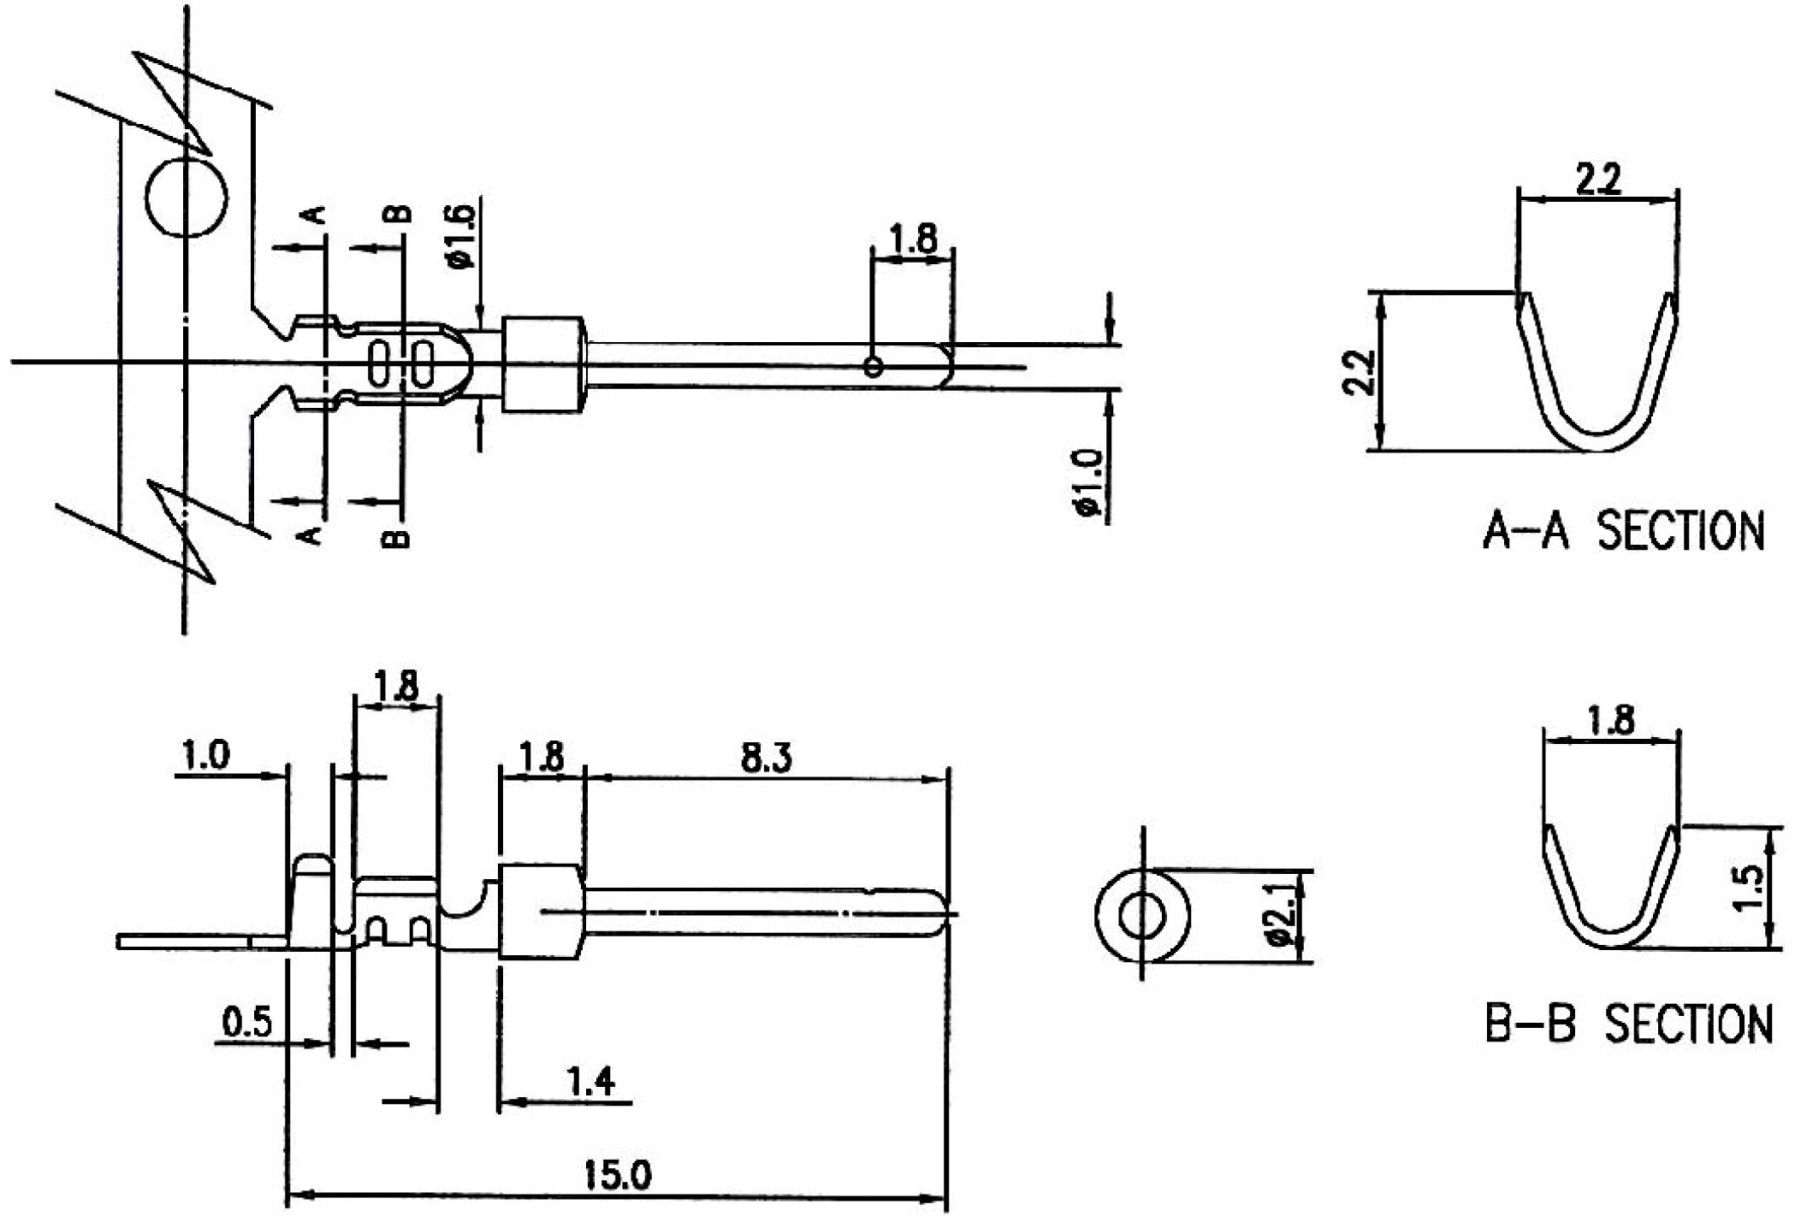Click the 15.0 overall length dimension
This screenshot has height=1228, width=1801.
tap(617, 1174)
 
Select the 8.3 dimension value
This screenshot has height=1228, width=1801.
tap(766, 758)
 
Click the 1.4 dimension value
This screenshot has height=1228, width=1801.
tap(591, 1083)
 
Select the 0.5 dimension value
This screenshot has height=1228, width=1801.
tap(246, 1021)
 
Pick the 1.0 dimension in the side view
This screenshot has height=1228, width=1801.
tap(206, 755)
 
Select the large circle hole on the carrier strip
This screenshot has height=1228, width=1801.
tap(187, 197)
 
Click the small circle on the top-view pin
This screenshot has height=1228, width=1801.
tap(873, 367)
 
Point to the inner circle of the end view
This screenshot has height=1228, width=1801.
tap(1142, 916)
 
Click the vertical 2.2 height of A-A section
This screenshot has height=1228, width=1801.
tap(1360, 372)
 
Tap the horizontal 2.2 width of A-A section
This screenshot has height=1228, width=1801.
tap(1597, 180)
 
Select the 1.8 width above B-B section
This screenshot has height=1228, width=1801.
tap(1610, 720)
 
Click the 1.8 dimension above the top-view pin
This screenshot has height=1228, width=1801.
tap(913, 239)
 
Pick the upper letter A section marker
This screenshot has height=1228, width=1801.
tap(315, 213)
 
